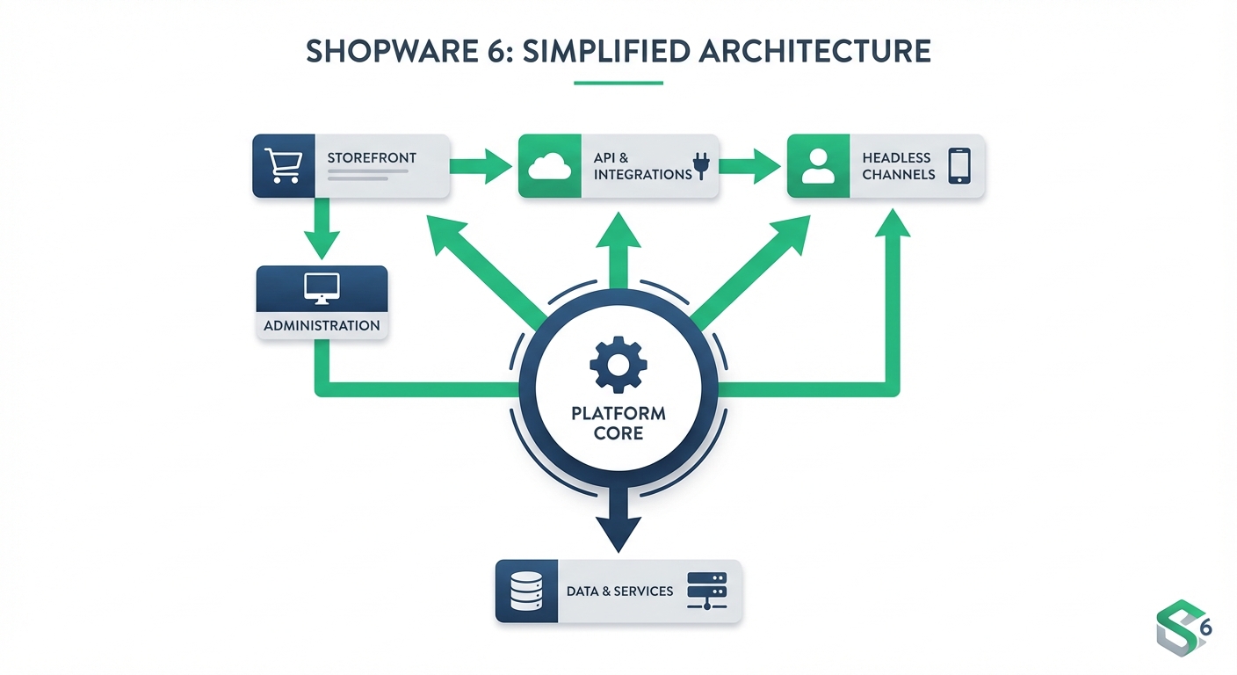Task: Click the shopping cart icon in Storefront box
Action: [x=284, y=165]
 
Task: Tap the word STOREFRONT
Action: [x=372, y=158]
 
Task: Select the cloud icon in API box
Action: [x=550, y=165]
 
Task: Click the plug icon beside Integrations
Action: [x=701, y=166]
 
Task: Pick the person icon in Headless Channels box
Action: [x=818, y=165]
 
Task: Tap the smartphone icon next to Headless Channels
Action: [x=959, y=165]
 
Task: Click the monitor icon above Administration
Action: [x=322, y=288]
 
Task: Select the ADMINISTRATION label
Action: [x=322, y=325]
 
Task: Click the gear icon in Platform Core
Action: [x=618, y=361]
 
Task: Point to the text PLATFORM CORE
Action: [x=618, y=423]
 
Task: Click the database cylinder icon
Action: [x=527, y=591]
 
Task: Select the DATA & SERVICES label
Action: [x=619, y=591]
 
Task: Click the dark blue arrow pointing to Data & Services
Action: [x=618, y=526]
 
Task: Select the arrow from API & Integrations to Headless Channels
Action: [x=752, y=165]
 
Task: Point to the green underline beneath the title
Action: [x=618, y=83]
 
